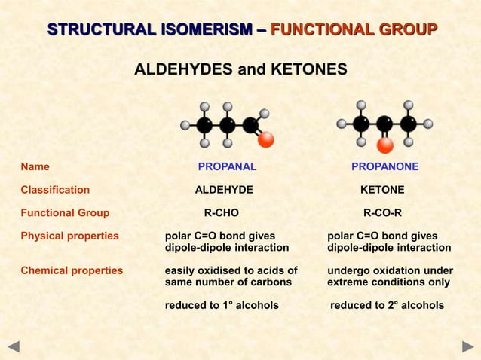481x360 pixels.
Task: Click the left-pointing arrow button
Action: pos(13,347)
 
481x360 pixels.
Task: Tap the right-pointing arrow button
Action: pos(467,347)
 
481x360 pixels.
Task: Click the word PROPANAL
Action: pos(227,166)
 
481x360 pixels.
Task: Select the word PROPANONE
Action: pos(384,166)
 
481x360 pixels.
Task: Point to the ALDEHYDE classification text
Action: pos(224,190)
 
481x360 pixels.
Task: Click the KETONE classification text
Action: pos(382,190)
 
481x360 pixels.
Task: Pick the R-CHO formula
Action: pos(222,213)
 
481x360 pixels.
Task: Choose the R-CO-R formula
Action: pos(382,213)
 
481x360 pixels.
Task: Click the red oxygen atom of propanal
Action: pos(265,140)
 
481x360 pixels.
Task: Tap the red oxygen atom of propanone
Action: pos(385,144)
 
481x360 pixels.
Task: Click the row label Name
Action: pos(35,166)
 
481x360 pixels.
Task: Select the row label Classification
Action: pos(55,190)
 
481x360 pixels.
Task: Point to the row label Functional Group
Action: pos(65,213)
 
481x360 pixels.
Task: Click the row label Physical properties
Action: pos(69,236)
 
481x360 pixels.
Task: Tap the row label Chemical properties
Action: pos(72,270)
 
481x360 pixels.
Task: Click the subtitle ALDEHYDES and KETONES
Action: pos(240,70)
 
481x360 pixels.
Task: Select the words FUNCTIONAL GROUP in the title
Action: pos(354,30)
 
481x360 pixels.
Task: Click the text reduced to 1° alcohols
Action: pos(222,305)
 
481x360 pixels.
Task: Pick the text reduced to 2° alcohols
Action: pos(387,305)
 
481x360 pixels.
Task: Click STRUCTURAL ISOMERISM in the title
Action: pos(150,30)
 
